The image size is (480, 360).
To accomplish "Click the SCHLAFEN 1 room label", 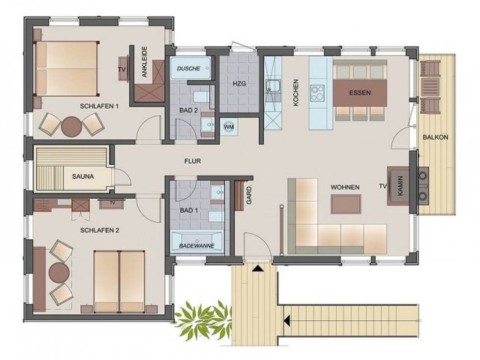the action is click(x=99, y=106).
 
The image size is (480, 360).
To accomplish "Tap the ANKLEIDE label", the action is click(x=145, y=61).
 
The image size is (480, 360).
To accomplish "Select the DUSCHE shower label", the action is click(x=188, y=68).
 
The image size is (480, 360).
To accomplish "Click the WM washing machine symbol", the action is click(x=229, y=127).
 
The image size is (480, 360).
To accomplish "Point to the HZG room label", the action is click(x=239, y=83).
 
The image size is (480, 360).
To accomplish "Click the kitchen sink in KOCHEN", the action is click(x=273, y=86).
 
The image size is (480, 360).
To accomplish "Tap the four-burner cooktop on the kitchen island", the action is click(x=317, y=93).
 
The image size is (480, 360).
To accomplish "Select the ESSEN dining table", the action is click(x=360, y=93).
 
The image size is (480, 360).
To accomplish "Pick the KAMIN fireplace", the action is click(x=398, y=186).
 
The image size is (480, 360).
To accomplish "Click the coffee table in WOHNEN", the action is click(x=346, y=204).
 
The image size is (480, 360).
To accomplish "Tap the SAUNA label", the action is click(x=83, y=177).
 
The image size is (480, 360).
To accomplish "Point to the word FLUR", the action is click(x=193, y=161).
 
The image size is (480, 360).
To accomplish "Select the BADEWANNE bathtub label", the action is click(x=196, y=245).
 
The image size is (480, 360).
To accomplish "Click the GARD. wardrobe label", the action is click(x=249, y=195).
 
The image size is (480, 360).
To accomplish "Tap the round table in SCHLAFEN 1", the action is click(x=72, y=126).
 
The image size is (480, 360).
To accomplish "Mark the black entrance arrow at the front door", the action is click(x=258, y=268).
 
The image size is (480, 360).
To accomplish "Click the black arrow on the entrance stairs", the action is click(x=286, y=321).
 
